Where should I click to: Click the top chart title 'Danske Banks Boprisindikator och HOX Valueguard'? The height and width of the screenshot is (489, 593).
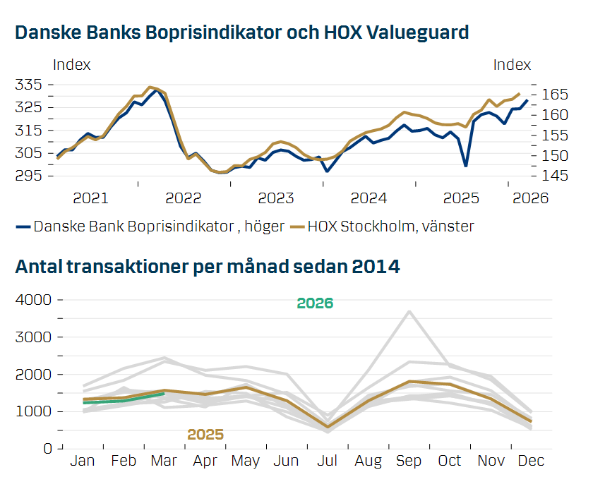[242, 33]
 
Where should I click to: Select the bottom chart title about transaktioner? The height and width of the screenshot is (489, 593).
[208, 267]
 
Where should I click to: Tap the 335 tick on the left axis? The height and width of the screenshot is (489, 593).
[29, 85]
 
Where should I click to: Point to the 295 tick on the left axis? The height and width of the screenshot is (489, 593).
[29, 176]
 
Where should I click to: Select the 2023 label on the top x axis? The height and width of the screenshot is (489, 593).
[276, 198]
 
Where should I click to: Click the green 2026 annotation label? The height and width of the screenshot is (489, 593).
[315, 303]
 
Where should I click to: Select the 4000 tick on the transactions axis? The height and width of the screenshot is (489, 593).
[33, 300]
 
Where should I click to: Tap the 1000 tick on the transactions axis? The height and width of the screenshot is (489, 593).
[33, 411]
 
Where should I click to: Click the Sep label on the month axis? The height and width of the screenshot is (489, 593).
[409, 461]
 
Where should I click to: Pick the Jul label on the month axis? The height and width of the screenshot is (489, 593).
[327, 461]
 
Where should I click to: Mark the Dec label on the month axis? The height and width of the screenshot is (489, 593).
[531, 461]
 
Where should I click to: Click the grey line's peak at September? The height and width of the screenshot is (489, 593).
[409, 311]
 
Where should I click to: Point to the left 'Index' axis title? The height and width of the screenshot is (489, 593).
[72, 65]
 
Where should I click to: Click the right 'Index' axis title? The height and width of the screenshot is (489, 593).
[512, 65]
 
